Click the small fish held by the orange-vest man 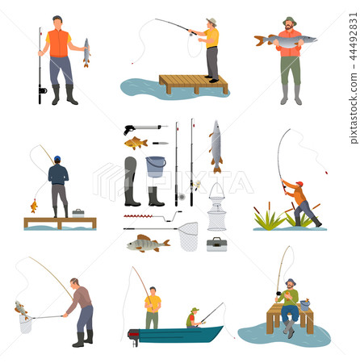pyautogui.click(x=86, y=52)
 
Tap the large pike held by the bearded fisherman pyautogui.click(x=284, y=39)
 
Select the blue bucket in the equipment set pyautogui.click(x=156, y=166)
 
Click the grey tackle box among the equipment pyautogui.click(x=216, y=244)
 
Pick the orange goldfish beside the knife pyautogui.click(x=136, y=144)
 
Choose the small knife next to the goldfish pyautogui.click(x=160, y=144)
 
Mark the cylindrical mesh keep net pyautogui.click(x=216, y=215)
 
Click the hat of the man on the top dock pyautogui.click(x=211, y=22)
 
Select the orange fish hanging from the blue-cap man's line pyautogui.click(x=34, y=206)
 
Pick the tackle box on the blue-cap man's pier pyautogui.click(x=77, y=213)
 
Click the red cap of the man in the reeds pyautogui.click(x=299, y=184)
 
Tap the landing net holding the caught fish pyautogui.click(x=24, y=322)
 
